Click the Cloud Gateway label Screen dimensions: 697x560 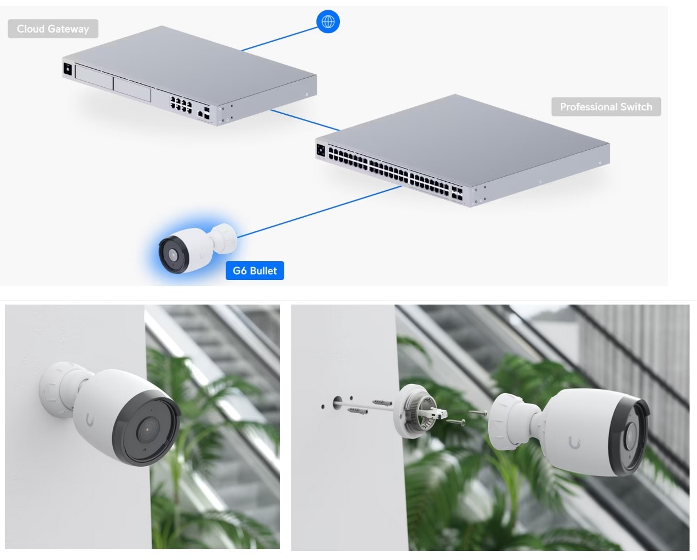[x=53, y=29]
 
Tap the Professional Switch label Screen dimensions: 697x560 [x=606, y=107]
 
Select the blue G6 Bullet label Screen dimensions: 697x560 [x=255, y=270]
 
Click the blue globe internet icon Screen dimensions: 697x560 [x=328, y=22]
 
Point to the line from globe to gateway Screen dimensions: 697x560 [x=279, y=39]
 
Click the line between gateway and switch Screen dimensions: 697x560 [x=305, y=120]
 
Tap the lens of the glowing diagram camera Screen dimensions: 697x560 [x=173, y=255]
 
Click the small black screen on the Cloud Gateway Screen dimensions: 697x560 [x=68, y=69]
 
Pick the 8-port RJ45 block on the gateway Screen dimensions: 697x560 [x=181, y=105]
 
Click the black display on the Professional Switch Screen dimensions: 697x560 [x=320, y=150]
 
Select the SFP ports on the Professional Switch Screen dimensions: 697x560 [x=457, y=193]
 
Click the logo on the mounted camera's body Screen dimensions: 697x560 [x=90, y=420]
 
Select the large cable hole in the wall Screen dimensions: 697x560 [x=337, y=402]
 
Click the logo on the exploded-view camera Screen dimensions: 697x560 [x=574, y=443]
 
